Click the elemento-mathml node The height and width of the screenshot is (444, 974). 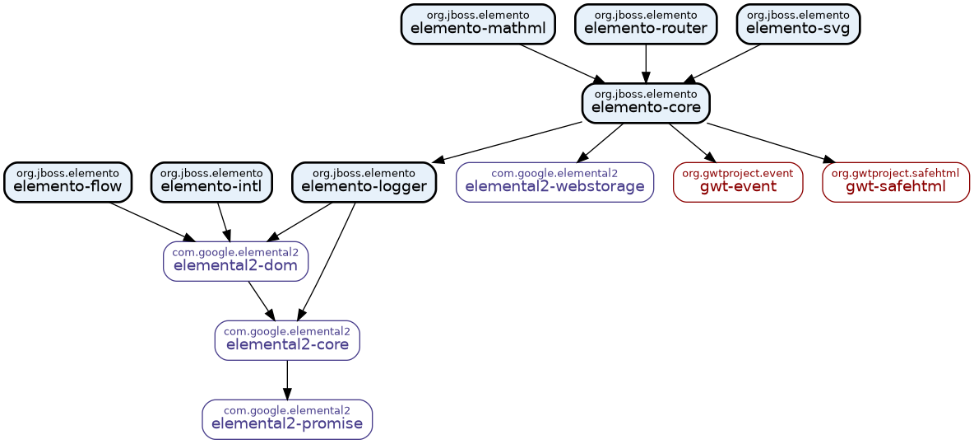[477, 24]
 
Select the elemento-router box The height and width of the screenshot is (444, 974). [646, 24]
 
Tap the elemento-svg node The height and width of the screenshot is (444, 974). [798, 24]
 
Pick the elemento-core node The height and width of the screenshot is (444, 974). [646, 103]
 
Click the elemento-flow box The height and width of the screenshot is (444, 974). [67, 182]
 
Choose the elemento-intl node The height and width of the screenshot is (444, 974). [211, 182]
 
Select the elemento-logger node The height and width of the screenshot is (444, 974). [364, 182]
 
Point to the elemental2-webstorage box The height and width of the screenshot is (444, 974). [554, 182]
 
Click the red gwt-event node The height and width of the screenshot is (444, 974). [738, 182]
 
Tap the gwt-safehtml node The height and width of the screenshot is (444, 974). [895, 182]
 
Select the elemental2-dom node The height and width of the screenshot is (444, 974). [235, 261]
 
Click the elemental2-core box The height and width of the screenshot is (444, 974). [287, 340]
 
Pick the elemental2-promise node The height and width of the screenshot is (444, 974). [287, 419]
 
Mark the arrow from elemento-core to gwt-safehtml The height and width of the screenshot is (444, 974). [769, 142]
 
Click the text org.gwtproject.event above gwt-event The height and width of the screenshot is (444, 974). [738, 173]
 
